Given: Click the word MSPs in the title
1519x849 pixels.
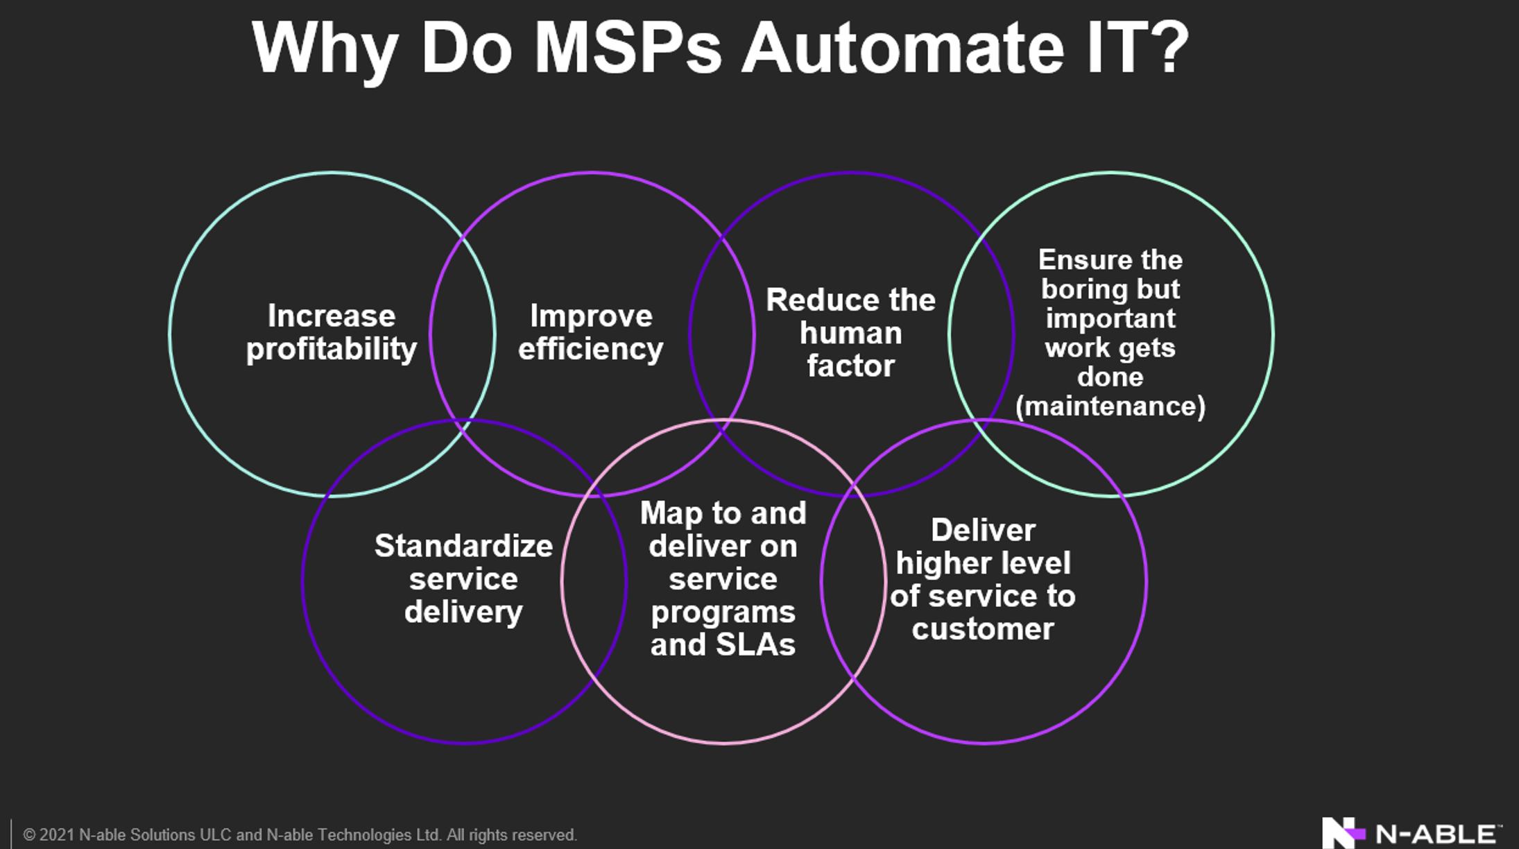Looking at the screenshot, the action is pos(628,49).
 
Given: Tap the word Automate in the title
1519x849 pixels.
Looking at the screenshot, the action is pos(902,49).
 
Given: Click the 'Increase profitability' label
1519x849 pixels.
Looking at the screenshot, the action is pos(332,333).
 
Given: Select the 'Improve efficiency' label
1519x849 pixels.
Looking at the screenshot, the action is pos(591,333).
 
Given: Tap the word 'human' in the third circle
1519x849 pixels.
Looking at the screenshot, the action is pos(851,334).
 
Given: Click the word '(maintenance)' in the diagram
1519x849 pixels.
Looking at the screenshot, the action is pos(1110,406).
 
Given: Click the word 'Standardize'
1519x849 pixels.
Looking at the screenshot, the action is pos(464,546).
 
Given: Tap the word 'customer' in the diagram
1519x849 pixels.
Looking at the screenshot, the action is pos(983,629).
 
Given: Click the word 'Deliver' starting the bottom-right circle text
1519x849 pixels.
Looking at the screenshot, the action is pos(983,531).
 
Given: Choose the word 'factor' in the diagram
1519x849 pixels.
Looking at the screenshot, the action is pos(851,366).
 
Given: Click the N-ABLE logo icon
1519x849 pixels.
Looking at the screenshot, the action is pos(1344,832).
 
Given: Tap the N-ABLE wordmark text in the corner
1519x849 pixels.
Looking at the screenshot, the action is pos(1437,834).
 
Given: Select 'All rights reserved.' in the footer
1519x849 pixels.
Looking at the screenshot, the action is pos(511,835).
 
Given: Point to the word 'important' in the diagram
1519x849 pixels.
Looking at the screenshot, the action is pos(1110,319).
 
